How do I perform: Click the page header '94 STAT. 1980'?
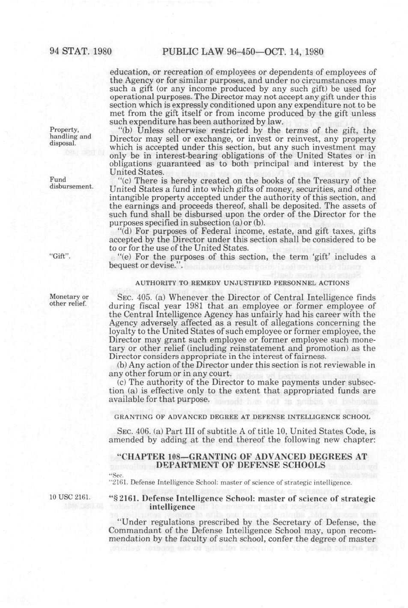pyautogui.click(x=81, y=52)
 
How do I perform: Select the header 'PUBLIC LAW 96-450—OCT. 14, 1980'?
pyautogui.click(x=243, y=52)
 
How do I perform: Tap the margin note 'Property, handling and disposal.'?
pyautogui.click(x=70, y=136)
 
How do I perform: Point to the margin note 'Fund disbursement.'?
pyautogui.click(x=71, y=183)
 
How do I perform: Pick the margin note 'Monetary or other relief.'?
pyautogui.click(x=69, y=300)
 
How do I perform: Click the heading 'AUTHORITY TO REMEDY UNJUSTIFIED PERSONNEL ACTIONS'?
pyautogui.click(x=242, y=283)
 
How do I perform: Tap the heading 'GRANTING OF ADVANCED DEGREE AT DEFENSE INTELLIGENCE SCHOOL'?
pyautogui.click(x=242, y=417)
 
